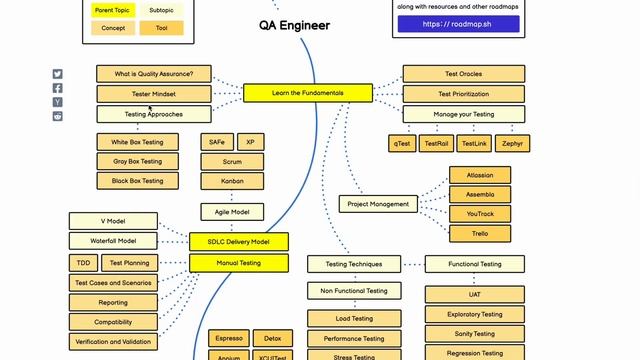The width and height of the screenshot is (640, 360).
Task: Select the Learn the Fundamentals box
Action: (307, 93)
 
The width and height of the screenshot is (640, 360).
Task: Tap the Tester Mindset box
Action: (154, 93)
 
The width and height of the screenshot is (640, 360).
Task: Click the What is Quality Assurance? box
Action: (154, 73)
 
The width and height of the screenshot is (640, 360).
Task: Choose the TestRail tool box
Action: (436, 143)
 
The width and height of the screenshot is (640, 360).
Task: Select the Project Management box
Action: (378, 204)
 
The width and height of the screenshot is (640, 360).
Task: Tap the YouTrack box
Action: (480, 213)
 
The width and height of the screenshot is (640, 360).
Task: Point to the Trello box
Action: (480, 233)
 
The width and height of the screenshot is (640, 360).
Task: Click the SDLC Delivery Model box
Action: (239, 241)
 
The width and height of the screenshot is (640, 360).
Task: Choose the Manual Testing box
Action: (239, 263)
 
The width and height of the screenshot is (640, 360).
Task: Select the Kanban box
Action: (232, 181)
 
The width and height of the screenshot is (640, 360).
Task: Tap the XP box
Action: (250, 142)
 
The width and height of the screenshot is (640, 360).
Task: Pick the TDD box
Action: (82, 263)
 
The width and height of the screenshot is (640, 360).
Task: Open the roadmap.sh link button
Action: (458, 24)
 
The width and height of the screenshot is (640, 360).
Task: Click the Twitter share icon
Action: (58, 74)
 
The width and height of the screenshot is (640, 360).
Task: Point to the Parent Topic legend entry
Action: (112, 10)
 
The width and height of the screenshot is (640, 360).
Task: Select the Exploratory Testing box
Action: (476, 314)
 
